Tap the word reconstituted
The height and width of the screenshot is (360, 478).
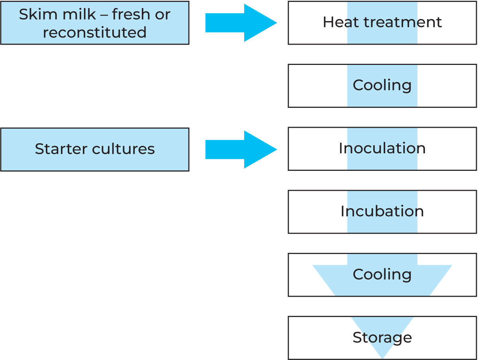coord(95,32)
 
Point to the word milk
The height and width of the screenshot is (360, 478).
coord(73,14)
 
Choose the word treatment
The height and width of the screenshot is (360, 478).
coord(400,22)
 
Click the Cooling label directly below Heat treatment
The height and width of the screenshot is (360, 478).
coord(382,85)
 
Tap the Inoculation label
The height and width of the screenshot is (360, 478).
coord(382,148)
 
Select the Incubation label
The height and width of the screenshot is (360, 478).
coord(382,211)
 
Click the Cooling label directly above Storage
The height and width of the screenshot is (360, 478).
coord(382,274)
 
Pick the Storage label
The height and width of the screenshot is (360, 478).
coord(382,338)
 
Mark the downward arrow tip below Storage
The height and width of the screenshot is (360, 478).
coord(382,356)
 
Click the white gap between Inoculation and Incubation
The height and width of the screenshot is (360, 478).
coord(382,180)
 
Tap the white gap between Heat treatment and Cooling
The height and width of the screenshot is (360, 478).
coord(382,54)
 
